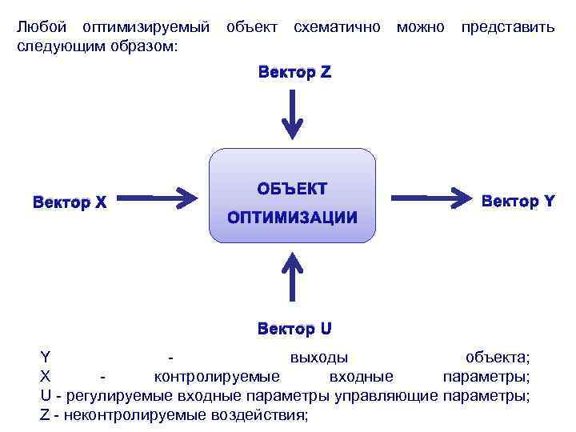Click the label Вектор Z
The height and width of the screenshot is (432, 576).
click(x=294, y=73)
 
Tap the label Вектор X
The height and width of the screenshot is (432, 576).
click(x=70, y=202)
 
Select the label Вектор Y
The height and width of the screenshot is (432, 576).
click(x=518, y=202)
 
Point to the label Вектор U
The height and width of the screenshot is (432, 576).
click(x=294, y=328)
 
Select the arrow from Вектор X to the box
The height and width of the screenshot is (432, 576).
click(x=162, y=195)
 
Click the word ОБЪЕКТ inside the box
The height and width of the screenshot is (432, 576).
click(x=292, y=188)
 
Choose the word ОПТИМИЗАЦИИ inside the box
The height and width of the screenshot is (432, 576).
click(x=292, y=218)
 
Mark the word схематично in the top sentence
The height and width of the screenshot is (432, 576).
click(x=337, y=27)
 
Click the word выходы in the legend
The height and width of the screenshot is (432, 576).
click(x=318, y=357)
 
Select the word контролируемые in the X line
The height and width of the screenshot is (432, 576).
click(x=216, y=376)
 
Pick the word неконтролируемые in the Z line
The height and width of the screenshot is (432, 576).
click(x=140, y=414)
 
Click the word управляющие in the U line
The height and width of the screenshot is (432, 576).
click(x=390, y=395)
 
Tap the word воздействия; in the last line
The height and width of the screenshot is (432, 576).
click(x=259, y=414)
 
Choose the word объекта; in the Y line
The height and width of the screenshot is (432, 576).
click(x=498, y=357)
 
